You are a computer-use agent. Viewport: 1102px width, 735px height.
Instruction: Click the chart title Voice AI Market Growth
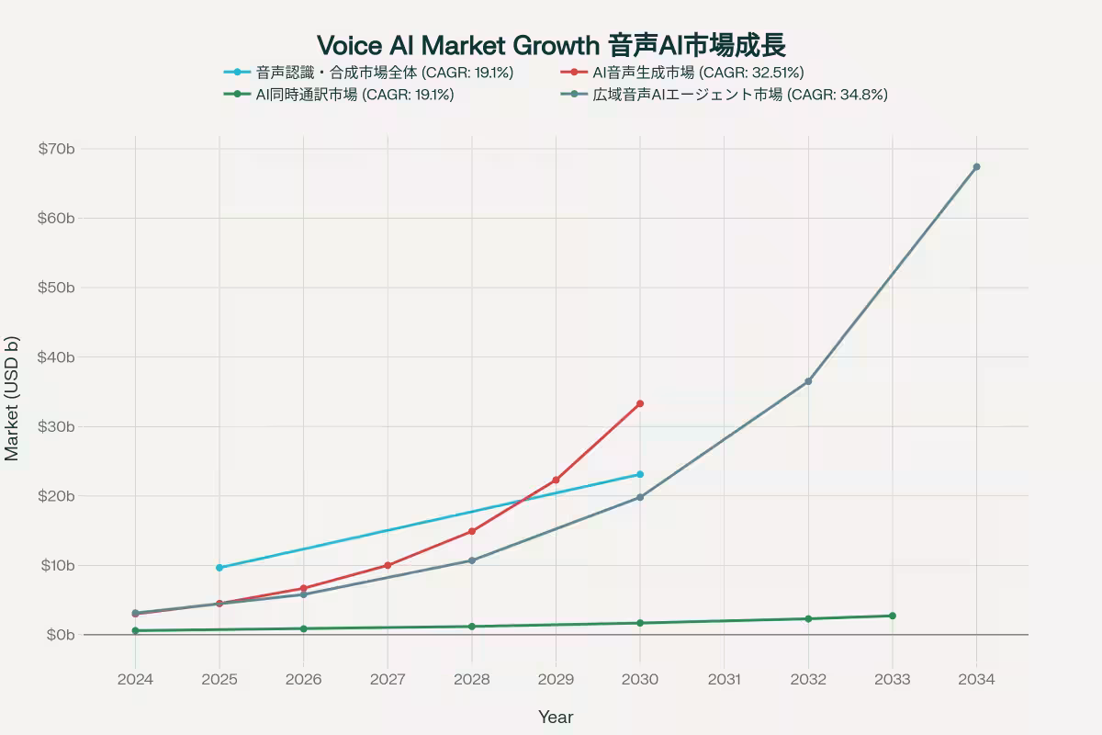pos(551,45)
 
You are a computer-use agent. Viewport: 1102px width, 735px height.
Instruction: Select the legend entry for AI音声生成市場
pos(698,73)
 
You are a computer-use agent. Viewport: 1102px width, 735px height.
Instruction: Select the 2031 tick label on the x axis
pos(724,680)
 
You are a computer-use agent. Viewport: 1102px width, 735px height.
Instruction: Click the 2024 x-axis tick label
pos(135,680)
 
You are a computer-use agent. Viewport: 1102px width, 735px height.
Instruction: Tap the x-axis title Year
pos(556,717)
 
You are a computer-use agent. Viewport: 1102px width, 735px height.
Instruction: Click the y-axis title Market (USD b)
pos(12,398)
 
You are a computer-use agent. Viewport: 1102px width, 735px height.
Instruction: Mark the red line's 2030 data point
pos(640,403)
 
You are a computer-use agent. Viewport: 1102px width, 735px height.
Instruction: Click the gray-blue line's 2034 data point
pos(976,166)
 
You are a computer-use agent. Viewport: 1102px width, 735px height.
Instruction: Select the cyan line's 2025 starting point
pos(219,568)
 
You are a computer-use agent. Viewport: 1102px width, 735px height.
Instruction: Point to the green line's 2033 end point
pos(892,616)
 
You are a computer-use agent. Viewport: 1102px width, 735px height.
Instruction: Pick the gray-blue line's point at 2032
pos(808,381)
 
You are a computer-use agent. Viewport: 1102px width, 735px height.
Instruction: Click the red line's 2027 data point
pos(388,565)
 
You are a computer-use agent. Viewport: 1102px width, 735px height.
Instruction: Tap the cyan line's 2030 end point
pos(640,474)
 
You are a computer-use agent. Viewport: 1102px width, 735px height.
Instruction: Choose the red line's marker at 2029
pos(556,480)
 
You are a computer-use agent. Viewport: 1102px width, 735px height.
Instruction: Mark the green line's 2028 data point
pos(472,627)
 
